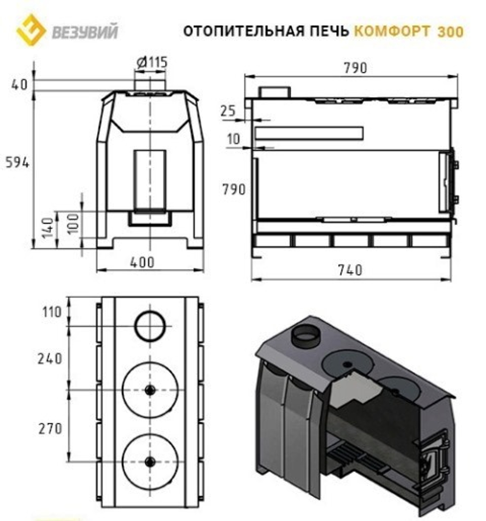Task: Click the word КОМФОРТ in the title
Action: click(x=391, y=32)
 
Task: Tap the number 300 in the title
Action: click(x=450, y=32)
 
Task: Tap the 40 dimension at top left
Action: click(x=19, y=84)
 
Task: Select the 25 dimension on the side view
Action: click(x=227, y=111)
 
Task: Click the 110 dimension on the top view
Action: click(x=52, y=311)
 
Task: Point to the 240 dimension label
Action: click(x=50, y=358)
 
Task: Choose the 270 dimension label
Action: click(x=50, y=428)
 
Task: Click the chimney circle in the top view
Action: click(x=150, y=326)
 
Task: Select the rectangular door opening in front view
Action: click(x=150, y=180)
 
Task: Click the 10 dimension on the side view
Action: click(x=234, y=140)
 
